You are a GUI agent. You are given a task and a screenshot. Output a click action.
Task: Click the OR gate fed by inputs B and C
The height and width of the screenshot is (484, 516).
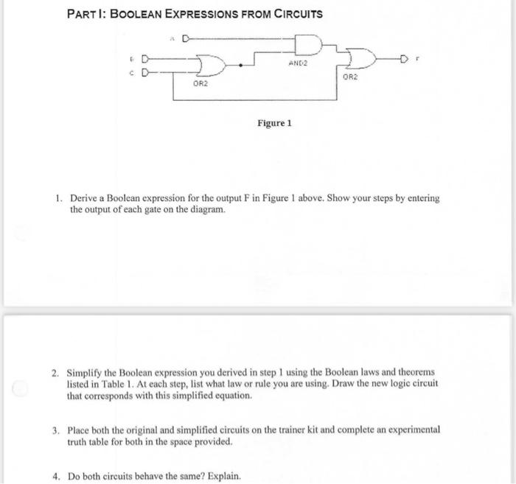point(213,66)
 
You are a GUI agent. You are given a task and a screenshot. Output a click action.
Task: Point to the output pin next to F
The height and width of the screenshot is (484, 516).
point(406,59)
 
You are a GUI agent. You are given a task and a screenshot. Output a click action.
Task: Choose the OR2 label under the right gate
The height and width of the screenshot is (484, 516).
point(352,77)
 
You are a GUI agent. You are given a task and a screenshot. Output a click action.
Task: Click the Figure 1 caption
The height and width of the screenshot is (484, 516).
point(274,123)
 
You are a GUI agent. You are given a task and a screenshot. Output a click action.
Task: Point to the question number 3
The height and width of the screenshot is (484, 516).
point(57,429)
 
